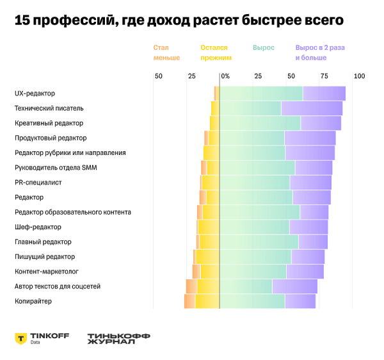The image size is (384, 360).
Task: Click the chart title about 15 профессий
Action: [179, 20]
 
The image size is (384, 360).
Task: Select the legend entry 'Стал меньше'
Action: [166, 53]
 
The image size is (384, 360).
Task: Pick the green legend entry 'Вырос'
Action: [263, 48]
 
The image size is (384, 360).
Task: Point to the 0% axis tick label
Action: [225, 76]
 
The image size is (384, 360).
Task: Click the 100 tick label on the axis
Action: [359, 76]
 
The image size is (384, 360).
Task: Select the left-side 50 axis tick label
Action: [159, 76]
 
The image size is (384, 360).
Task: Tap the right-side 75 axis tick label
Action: [324, 76]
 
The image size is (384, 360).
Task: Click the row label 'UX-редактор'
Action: [35, 94]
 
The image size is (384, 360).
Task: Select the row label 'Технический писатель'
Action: [49, 108]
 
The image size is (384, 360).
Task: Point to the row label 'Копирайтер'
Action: [33, 301]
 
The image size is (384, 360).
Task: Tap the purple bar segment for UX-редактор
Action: [324, 94]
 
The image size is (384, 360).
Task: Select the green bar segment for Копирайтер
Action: [252, 301]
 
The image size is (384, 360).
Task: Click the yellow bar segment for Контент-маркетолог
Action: [210, 272]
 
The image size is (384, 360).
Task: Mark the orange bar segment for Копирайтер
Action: [189, 301]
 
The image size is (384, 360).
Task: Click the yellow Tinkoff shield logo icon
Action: [20, 338]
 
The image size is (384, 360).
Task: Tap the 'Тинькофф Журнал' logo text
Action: [110, 338]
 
